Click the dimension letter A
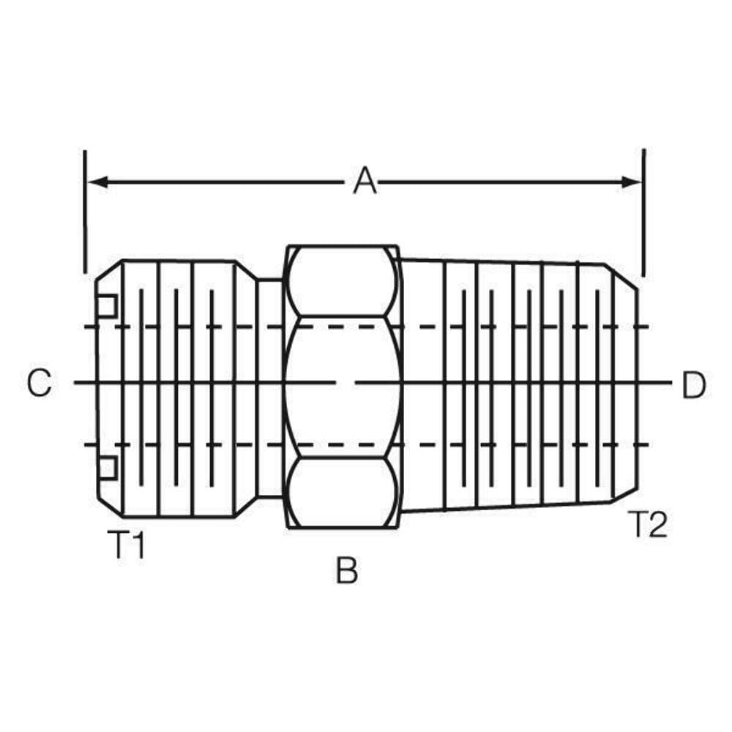click(x=365, y=181)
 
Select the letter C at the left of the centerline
click(x=40, y=383)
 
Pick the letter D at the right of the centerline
click(x=693, y=386)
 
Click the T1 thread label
click(x=126, y=545)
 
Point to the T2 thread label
click(x=648, y=525)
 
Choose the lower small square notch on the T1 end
click(x=107, y=468)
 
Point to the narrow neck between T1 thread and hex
click(x=269, y=386)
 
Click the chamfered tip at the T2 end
click(x=622, y=386)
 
